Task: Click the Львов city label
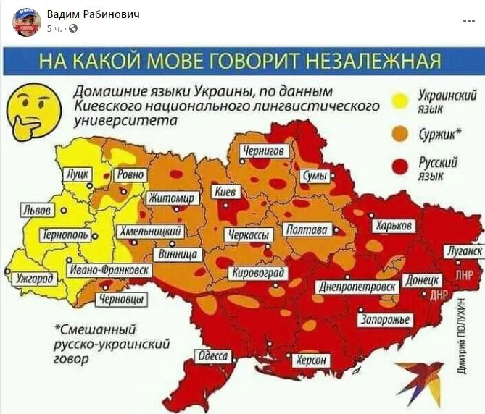click(37, 211)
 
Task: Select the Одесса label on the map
click(212, 356)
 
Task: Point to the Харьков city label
click(394, 226)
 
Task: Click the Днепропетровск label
click(359, 287)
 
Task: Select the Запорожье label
click(386, 320)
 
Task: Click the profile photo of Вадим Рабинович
click(27, 22)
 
